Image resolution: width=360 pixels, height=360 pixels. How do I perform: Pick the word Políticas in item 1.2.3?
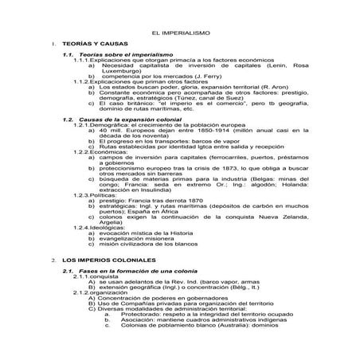click(108, 194)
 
